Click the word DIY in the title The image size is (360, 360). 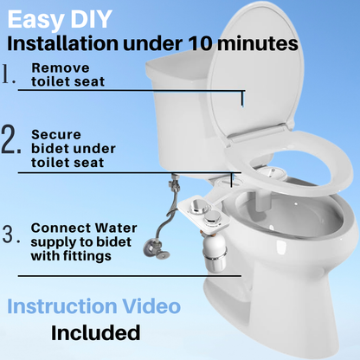coord(92,19)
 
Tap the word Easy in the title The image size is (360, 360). coord(36,20)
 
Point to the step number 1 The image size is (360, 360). coord(9,74)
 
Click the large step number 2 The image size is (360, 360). coord(11,139)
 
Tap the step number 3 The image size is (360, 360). coord(11,234)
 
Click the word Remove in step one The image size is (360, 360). coord(61,68)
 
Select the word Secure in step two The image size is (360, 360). coord(56,135)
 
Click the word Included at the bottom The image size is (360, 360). coord(96,332)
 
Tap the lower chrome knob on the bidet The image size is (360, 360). coord(214,217)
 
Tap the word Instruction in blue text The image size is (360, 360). coord(62,306)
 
